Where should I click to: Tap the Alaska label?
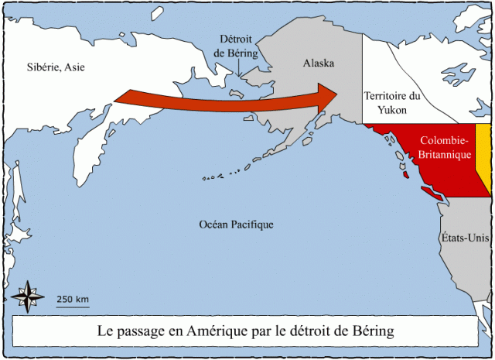click(x=319, y=63)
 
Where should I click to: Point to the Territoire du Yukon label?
click(x=393, y=103)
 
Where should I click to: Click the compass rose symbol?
click(x=26, y=297)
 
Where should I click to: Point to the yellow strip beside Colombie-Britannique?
click(x=482, y=155)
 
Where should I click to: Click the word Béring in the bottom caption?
click(x=371, y=331)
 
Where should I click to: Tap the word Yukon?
click(x=393, y=111)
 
